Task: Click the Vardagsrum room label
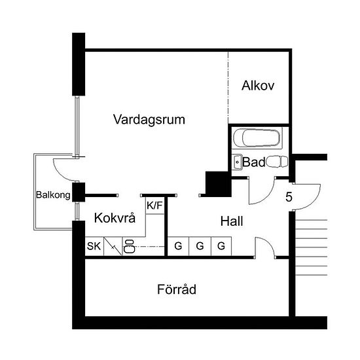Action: click(149, 120)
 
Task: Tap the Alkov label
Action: click(258, 86)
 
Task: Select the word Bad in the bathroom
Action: click(253, 162)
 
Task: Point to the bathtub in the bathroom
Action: click(257, 138)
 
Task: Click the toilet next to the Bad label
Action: click(277, 162)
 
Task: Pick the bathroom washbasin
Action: click(237, 162)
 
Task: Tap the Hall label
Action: click(232, 221)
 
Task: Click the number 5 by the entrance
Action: click(289, 197)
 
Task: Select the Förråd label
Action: click(177, 289)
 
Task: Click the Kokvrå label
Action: click(115, 218)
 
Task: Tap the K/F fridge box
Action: click(155, 206)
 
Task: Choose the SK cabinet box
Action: click(94, 246)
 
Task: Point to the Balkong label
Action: click(53, 195)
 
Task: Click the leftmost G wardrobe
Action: click(178, 246)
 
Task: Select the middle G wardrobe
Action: click(200, 246)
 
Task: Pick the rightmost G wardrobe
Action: click(221, 246)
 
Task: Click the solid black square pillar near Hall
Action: click(218, 184)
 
